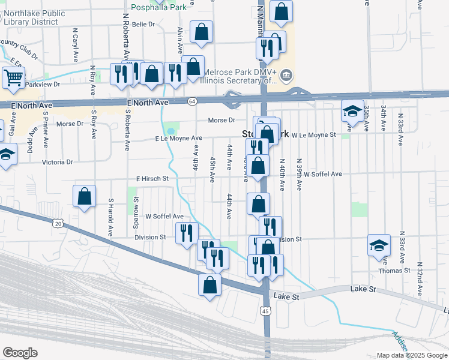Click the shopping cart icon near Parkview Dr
[x=13, y=77]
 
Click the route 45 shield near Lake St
[x=265, y=310]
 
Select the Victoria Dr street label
[x=57, y=162]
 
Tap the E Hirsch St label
[x=152, y=178]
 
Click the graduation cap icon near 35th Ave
[x=352, y=110]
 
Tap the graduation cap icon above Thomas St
[x=379, y=245]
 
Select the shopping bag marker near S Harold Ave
[x=85, y=196]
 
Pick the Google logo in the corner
[x=20, y=353]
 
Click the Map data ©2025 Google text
[x=411, y=355]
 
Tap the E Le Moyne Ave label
[x=178, y=139]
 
